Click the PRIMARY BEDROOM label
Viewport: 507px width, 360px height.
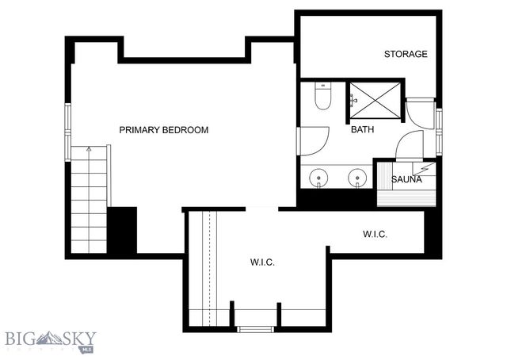164,129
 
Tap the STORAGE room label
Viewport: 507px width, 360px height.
406,55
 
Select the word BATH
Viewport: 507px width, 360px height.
363,129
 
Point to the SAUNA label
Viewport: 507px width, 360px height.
406,180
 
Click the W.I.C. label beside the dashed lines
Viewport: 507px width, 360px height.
262,262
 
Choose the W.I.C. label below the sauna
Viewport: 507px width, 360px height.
375,234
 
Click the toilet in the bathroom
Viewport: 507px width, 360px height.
322,98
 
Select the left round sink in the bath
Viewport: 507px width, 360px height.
319,177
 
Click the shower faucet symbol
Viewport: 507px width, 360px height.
353,100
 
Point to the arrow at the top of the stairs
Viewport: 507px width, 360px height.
89,149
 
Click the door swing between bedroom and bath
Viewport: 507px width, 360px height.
314,141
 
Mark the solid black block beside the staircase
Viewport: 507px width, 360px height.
123,230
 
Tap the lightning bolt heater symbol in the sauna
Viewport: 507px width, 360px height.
426,168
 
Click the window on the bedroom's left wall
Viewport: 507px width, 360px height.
69,132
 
